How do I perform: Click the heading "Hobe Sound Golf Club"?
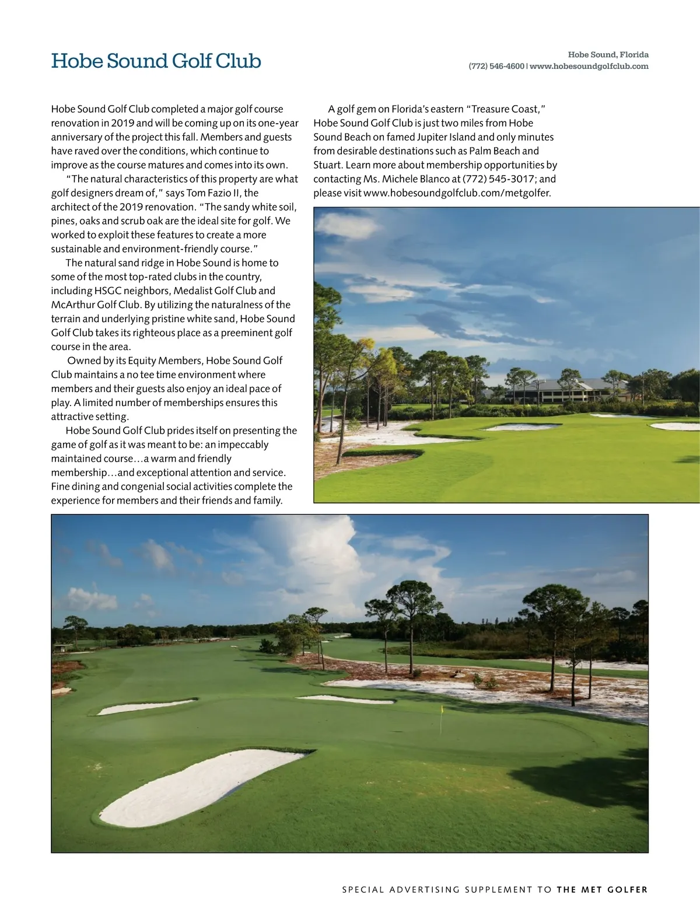pos(156,61)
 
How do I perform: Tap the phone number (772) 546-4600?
pos(496,67)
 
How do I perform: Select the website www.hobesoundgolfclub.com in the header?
pos(589,67)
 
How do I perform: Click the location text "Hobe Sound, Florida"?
pos(608,55)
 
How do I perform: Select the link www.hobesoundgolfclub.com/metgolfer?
pos(457,193)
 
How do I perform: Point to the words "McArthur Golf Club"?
pos(95,305)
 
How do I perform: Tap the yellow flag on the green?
pos(442,710)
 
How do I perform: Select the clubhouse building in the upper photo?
pos(560,390)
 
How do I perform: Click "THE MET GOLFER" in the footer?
pos(602,890)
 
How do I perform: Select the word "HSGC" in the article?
pos(108,291)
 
